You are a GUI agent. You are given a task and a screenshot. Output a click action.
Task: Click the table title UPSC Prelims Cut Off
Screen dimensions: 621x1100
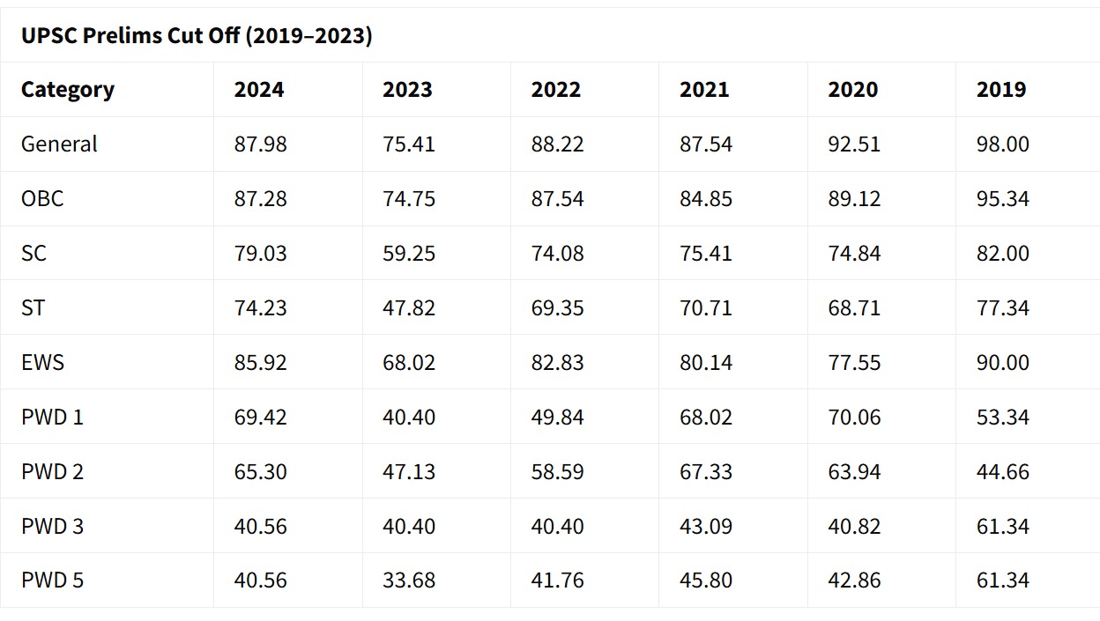coord(197,37)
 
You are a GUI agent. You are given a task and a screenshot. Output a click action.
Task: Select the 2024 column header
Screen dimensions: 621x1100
coord(259,90)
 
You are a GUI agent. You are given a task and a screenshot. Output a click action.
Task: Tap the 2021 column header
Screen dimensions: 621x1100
coord(704,90)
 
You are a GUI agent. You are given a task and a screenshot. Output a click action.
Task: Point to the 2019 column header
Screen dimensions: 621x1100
coord(1001,90)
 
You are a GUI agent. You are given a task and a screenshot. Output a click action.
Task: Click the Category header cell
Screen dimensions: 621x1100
coord(68,90)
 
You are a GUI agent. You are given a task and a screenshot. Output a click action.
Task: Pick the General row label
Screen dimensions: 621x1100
coord(59,144)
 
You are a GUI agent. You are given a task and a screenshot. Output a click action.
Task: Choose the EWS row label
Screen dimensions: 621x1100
coord(42,363)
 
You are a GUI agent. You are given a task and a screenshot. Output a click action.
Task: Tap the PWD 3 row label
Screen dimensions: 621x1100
coord(52,527)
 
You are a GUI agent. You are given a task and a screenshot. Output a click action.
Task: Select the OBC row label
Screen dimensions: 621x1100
coord(42,199)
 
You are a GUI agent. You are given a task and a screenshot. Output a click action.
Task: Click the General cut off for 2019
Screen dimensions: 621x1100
coord(1003,144)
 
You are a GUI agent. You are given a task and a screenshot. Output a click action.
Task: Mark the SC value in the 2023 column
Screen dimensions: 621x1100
coord(409,254)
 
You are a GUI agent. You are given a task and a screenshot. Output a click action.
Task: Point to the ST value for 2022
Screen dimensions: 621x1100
coord(557,308)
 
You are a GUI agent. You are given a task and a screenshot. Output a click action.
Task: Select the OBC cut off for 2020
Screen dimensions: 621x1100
coord(854,199)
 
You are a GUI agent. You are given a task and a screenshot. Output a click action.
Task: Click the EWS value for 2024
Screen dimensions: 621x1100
coord(260,363)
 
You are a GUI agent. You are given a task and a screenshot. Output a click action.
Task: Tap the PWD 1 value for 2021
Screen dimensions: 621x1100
coord(706,418)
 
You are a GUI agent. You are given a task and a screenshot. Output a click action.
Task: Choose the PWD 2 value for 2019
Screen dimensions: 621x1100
coord(1003,472)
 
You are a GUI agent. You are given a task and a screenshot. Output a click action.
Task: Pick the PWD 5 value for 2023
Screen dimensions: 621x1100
coord(409,581)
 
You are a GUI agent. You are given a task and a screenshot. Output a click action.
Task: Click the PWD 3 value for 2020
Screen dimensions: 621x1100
coord(854,527)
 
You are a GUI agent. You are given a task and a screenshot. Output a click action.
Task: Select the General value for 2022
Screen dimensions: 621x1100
coord(557,144)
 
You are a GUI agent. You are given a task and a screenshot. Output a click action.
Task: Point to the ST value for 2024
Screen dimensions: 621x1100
coord(260,308)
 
